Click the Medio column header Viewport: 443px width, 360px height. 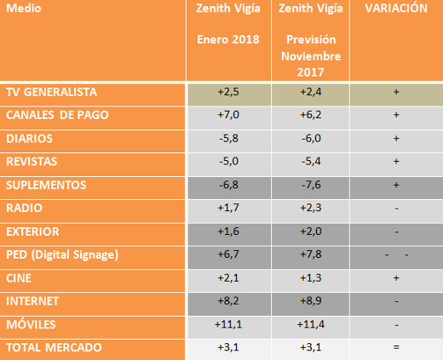[x=24, y=9]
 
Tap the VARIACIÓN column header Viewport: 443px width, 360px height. [x=396, y=8]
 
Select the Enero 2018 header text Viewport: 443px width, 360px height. [x=228, y=39]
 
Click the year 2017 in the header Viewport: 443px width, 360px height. [x=310, y=72]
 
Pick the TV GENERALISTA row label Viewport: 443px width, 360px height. [x=51, y=92]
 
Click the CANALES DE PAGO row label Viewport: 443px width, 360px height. [x=57, y=115]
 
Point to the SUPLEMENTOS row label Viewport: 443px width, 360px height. [x=46, y=185]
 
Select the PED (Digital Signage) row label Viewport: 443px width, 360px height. [x=62, y=254]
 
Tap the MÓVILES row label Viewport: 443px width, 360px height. [x=31, y=324]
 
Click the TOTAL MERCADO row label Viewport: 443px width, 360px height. [x=54, y=347]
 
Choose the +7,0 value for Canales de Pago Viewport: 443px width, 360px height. [x=228, y=115]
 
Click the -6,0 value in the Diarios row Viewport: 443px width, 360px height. [x=311, y=139]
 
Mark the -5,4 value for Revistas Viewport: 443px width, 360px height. [x=311, y=162]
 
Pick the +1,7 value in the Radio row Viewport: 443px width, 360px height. [x=228, y=208]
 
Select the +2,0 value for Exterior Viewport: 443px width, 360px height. [x=311, y=231]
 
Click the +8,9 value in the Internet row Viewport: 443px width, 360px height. [x=311, y=300]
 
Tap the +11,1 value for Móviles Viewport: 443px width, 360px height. [x=228, y=324]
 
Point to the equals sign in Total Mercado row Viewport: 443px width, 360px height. [x=396, y=347]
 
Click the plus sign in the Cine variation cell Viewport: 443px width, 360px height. [x=396, y=277]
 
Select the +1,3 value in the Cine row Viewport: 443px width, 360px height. [x=311, y=277]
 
